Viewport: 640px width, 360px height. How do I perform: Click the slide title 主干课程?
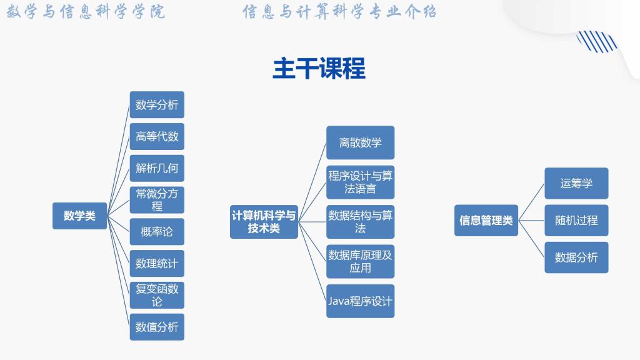tap(319, 69)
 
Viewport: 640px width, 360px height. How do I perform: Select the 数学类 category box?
tap(79, 216)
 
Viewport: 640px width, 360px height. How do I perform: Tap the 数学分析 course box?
tap(157, 104)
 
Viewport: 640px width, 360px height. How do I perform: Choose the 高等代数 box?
tap(157, 136)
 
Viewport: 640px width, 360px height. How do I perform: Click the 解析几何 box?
tap(157, 168)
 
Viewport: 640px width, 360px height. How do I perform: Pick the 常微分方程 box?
tap(157, 200)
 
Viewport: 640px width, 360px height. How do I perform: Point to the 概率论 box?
tap(157, 232)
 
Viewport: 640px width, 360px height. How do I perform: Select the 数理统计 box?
tap(157, 263)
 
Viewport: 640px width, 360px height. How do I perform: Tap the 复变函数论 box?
tap(157, 295)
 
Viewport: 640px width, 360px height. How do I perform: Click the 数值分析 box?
tap(157, 327)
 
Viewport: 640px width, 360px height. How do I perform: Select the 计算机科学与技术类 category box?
tap(264, 222)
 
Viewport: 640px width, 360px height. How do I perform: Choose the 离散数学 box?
tap(360, 142)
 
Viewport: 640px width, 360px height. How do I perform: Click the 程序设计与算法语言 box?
tap(360, 182)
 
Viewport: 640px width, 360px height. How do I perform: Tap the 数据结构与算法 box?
tap(360, 222)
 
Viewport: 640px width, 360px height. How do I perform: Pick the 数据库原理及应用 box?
tap(360, 261)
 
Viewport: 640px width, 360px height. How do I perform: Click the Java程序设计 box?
tap(360, 301)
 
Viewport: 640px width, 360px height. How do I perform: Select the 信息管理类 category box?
tap(486, 221)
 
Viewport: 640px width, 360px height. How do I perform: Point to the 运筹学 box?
tap(576, 183)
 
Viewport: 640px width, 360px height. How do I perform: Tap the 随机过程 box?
tap(576, 220)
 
